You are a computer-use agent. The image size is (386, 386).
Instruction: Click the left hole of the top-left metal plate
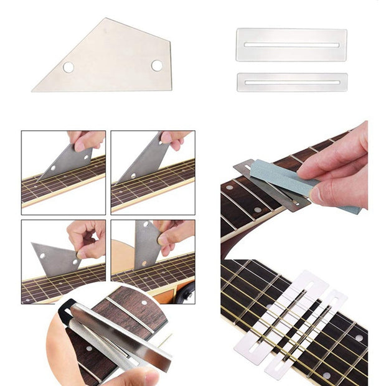(68, 67)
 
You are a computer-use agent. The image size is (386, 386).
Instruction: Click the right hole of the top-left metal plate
(156, 65)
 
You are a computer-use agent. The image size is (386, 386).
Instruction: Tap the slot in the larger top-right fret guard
(291, 45)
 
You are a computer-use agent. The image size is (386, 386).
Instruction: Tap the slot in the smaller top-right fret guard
(291, 82)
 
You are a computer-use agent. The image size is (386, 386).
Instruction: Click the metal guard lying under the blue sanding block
(261, 181)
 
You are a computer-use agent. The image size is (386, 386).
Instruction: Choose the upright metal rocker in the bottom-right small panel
(147, 246)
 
